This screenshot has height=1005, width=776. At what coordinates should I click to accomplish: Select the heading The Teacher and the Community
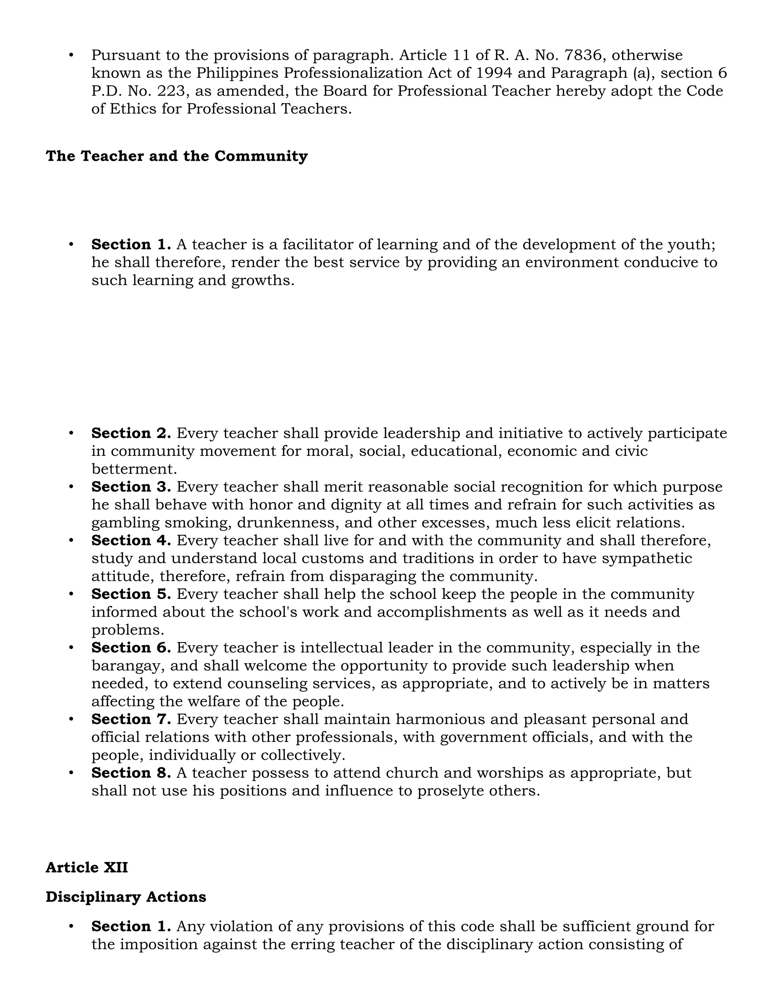pyautogui.click(x=177, y=156)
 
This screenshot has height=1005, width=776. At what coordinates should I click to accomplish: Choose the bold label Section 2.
pyautogui.click(x=131, y=433)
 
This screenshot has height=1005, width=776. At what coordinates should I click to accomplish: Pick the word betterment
pyautogui.click(x=134, y=469)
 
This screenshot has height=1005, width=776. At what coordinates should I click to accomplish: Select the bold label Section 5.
pyautogui.click(x=131, y=594)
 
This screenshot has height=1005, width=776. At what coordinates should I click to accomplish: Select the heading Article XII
pyautogui.click(x=86, y=867)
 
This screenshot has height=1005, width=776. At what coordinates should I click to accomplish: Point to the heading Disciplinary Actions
pyautogui.click(x=125, y=897)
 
